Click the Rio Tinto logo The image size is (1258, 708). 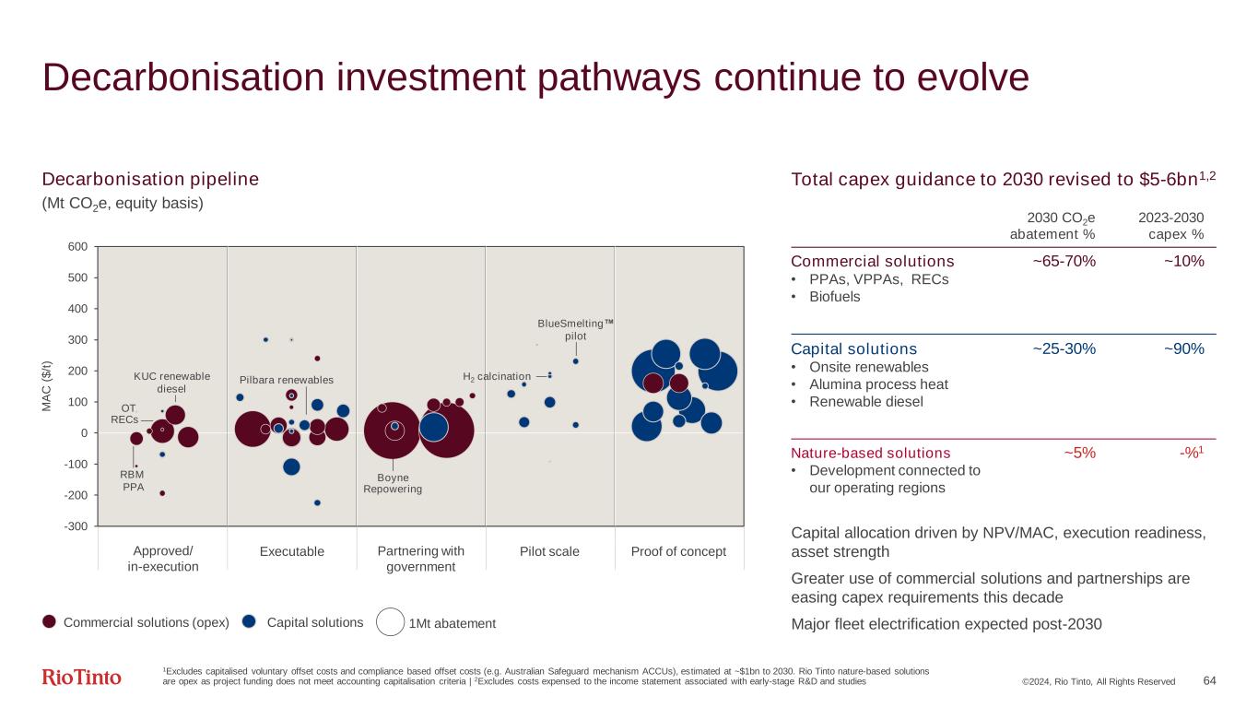coord(81,678)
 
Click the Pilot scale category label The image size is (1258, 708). coord(549,551)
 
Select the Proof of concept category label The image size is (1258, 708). coord(678,551)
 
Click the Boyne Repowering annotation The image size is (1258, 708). coord(393,483)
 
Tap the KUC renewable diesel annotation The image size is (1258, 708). coord(172,382)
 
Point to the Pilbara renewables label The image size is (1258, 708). coord(286,380)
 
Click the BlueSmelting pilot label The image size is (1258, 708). coord(575,329)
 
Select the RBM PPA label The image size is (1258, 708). coord(134,480)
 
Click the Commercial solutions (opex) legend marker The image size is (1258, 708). coord(50,622)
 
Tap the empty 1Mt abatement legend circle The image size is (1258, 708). coord(391,622)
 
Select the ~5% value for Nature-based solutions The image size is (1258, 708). coord(1079,453)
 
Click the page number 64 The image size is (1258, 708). coord(1209,680)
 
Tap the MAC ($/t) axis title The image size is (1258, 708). coord(57,386)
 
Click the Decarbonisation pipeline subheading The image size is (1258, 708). coord(150,179)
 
